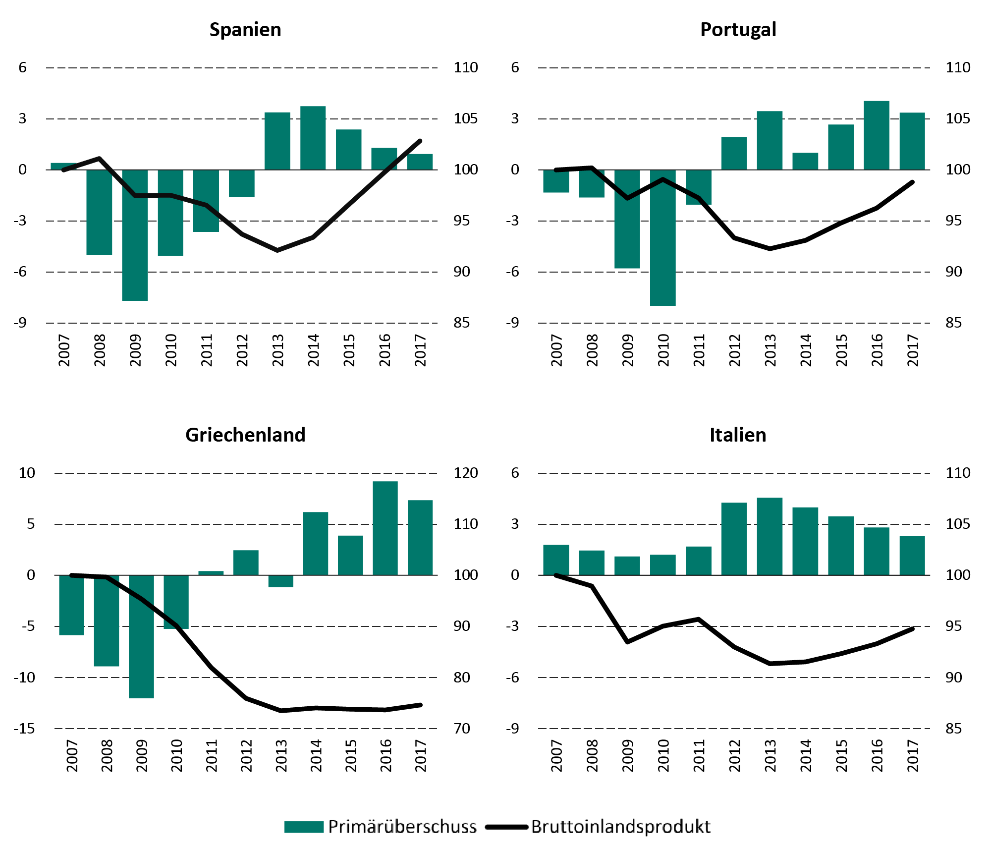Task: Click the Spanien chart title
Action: tap(245, 30)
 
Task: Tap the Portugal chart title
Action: tap(738, 30)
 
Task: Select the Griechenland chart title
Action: tap(245, 435)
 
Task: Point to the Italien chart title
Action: tap(738, 435)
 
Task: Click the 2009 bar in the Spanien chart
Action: tap(135, 235)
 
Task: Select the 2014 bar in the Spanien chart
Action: tap(313, 138)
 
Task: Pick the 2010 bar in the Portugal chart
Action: tap(663, 237)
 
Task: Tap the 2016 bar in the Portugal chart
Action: tap(877, 135)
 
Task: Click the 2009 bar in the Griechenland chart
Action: tap(141, 636)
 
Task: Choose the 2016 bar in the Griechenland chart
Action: tap(385, 528)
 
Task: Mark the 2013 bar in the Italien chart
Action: tap(770, 536)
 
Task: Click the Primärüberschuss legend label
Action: tap(402, 827)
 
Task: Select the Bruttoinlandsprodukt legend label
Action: tap(621, 827)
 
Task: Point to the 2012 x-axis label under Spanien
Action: tap(242, 350)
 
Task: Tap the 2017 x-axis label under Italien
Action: tap(913, 755)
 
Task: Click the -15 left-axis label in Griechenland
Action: tap(24, 729)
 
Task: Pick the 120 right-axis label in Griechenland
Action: tap(466, 473)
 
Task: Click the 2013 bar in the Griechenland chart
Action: tap(281, 581)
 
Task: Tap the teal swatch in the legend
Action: tap(304, 827)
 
